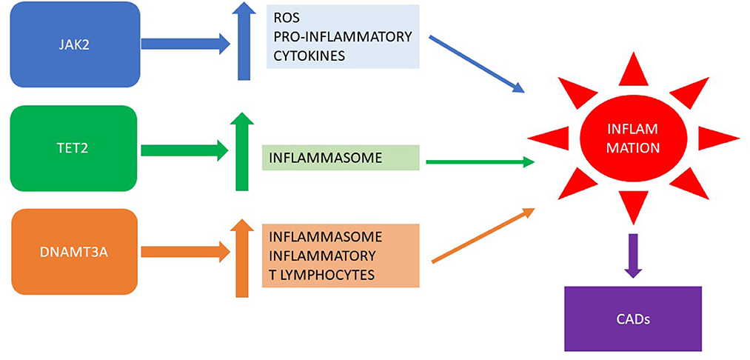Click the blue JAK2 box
[74, 44]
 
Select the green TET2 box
[74, 148]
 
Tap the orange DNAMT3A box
[74, 252]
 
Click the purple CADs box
[632, 319]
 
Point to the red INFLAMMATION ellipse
[632, 139]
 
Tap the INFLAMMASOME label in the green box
[315, 158]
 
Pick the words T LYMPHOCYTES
[321, 275]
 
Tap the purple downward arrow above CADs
[632, 256]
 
